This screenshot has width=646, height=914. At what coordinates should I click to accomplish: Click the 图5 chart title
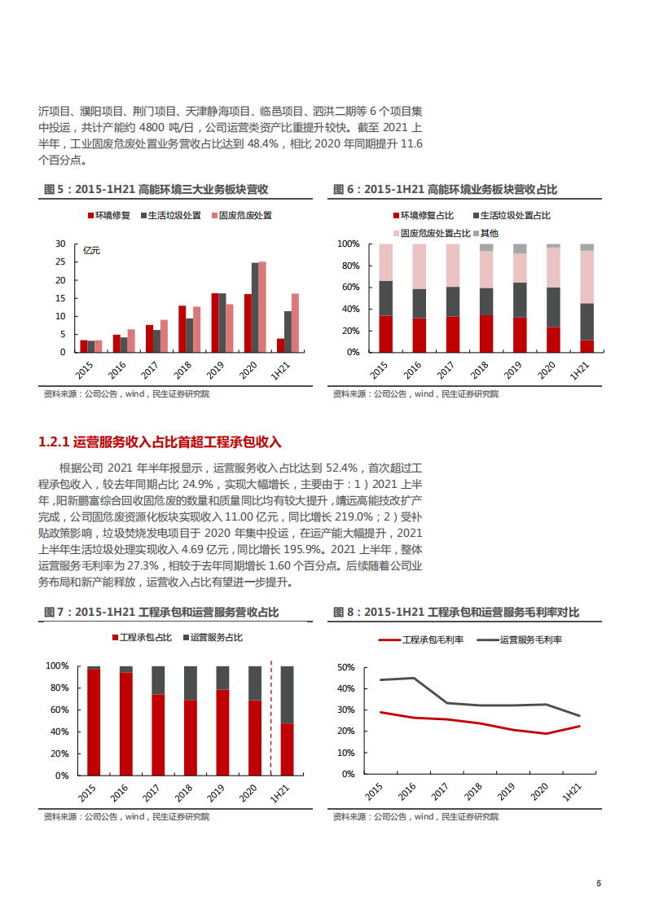[156, 190]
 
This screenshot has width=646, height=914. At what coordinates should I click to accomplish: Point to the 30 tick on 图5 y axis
[59, 244]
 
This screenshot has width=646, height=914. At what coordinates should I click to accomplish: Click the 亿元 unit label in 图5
[92, 251]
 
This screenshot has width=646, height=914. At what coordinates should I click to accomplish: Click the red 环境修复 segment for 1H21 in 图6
[587, 345]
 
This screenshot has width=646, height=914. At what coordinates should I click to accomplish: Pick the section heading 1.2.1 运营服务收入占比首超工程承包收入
[160, 442]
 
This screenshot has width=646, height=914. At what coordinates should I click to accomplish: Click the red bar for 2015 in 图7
[94, 722]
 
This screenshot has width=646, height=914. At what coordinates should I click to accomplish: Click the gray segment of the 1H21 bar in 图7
[287, 695]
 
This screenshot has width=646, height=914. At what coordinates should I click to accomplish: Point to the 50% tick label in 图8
[345, 667]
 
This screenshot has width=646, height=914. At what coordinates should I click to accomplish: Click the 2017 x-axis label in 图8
[440, 792]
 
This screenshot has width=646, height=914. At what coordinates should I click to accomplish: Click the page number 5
[599, 884]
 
